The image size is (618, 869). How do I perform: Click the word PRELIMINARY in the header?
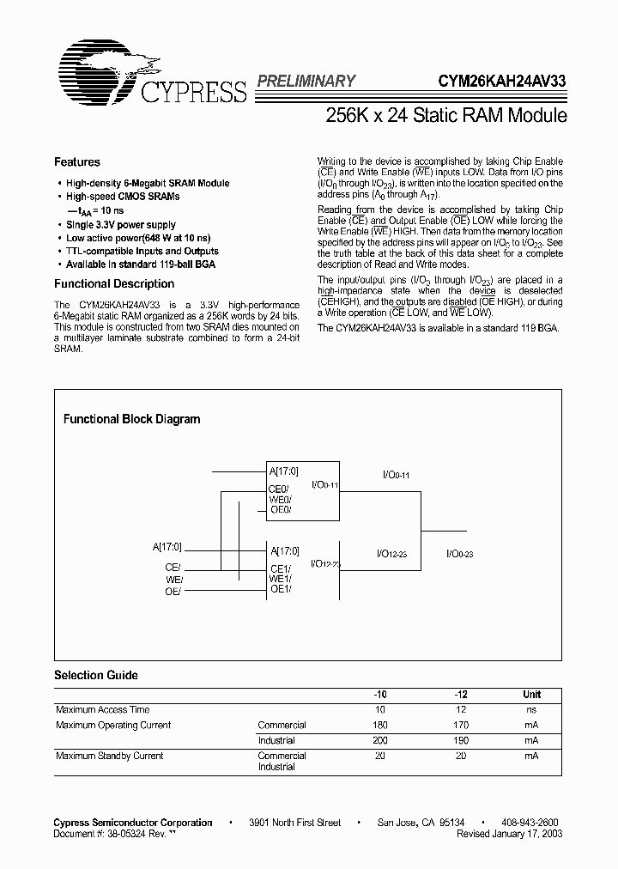coord(306,82)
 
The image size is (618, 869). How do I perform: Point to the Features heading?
coord(77,162)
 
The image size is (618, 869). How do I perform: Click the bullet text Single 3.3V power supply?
coord(121,224)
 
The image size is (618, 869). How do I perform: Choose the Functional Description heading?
coord(114,284)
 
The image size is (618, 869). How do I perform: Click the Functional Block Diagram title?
coord(132,419)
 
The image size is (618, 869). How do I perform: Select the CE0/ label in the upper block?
coord(280,489)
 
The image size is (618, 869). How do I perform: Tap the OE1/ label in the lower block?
coord(280,589)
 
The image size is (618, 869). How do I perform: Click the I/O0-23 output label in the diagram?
coord(460,555)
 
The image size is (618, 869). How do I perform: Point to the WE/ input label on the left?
coord(173,579)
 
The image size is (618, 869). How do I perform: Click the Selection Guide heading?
coord(96,676)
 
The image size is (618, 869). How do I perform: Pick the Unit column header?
coord(532,695)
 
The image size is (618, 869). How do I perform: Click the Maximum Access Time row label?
coord(102,710)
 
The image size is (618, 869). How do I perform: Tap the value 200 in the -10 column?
coord(379,740)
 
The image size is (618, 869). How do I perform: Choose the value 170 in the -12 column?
coord(460,725)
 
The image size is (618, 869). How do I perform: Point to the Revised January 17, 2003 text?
coord(510,834)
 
